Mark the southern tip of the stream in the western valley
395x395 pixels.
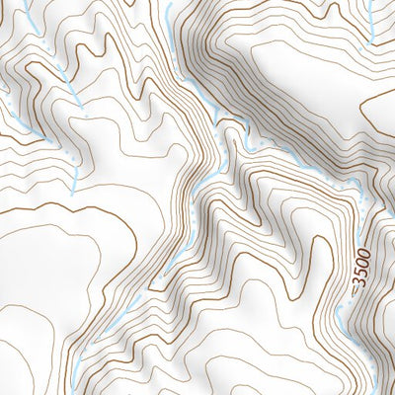point(75,183)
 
